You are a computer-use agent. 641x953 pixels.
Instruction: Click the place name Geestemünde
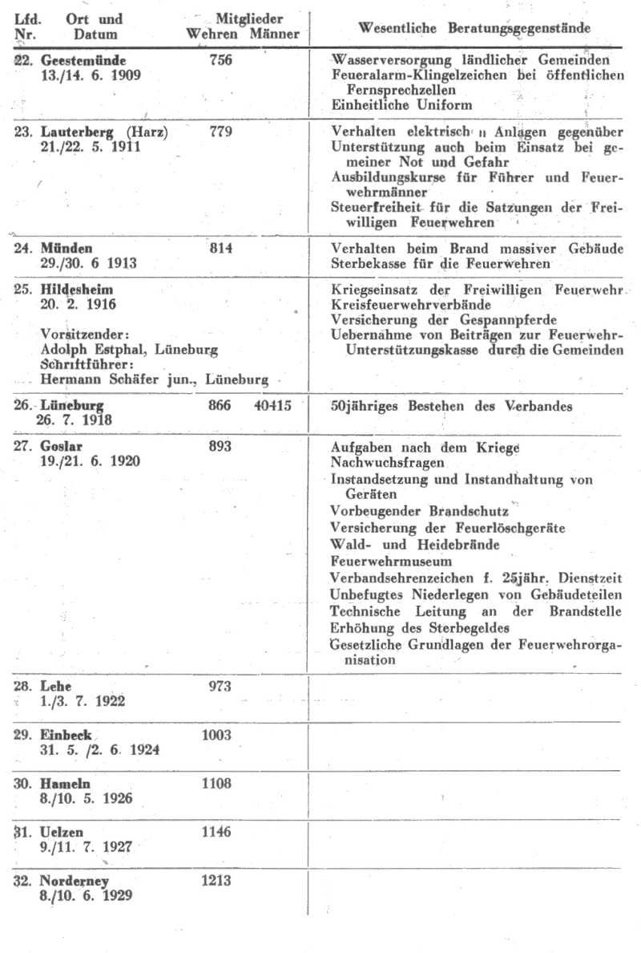tap(83, 60)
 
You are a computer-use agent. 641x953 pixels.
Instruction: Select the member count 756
tap(220, 60)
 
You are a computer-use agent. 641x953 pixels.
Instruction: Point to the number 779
tap(220, 132)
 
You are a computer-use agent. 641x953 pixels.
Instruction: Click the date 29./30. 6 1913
tap(87, 263)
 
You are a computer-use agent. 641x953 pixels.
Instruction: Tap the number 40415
tap(272, 406)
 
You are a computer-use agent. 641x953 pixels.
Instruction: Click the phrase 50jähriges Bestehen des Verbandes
tap(452, 406)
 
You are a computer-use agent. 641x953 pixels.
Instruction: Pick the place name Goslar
tap(62, 446)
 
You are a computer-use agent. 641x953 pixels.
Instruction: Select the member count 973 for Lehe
tap(219, 686)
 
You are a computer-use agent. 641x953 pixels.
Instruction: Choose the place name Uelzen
tap(62, 832)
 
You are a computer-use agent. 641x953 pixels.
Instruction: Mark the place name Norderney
tap(75, 881)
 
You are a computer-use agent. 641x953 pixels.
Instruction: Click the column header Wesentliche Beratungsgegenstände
tap(474, 28)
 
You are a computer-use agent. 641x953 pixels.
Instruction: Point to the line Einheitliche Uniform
tap(401, 105)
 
